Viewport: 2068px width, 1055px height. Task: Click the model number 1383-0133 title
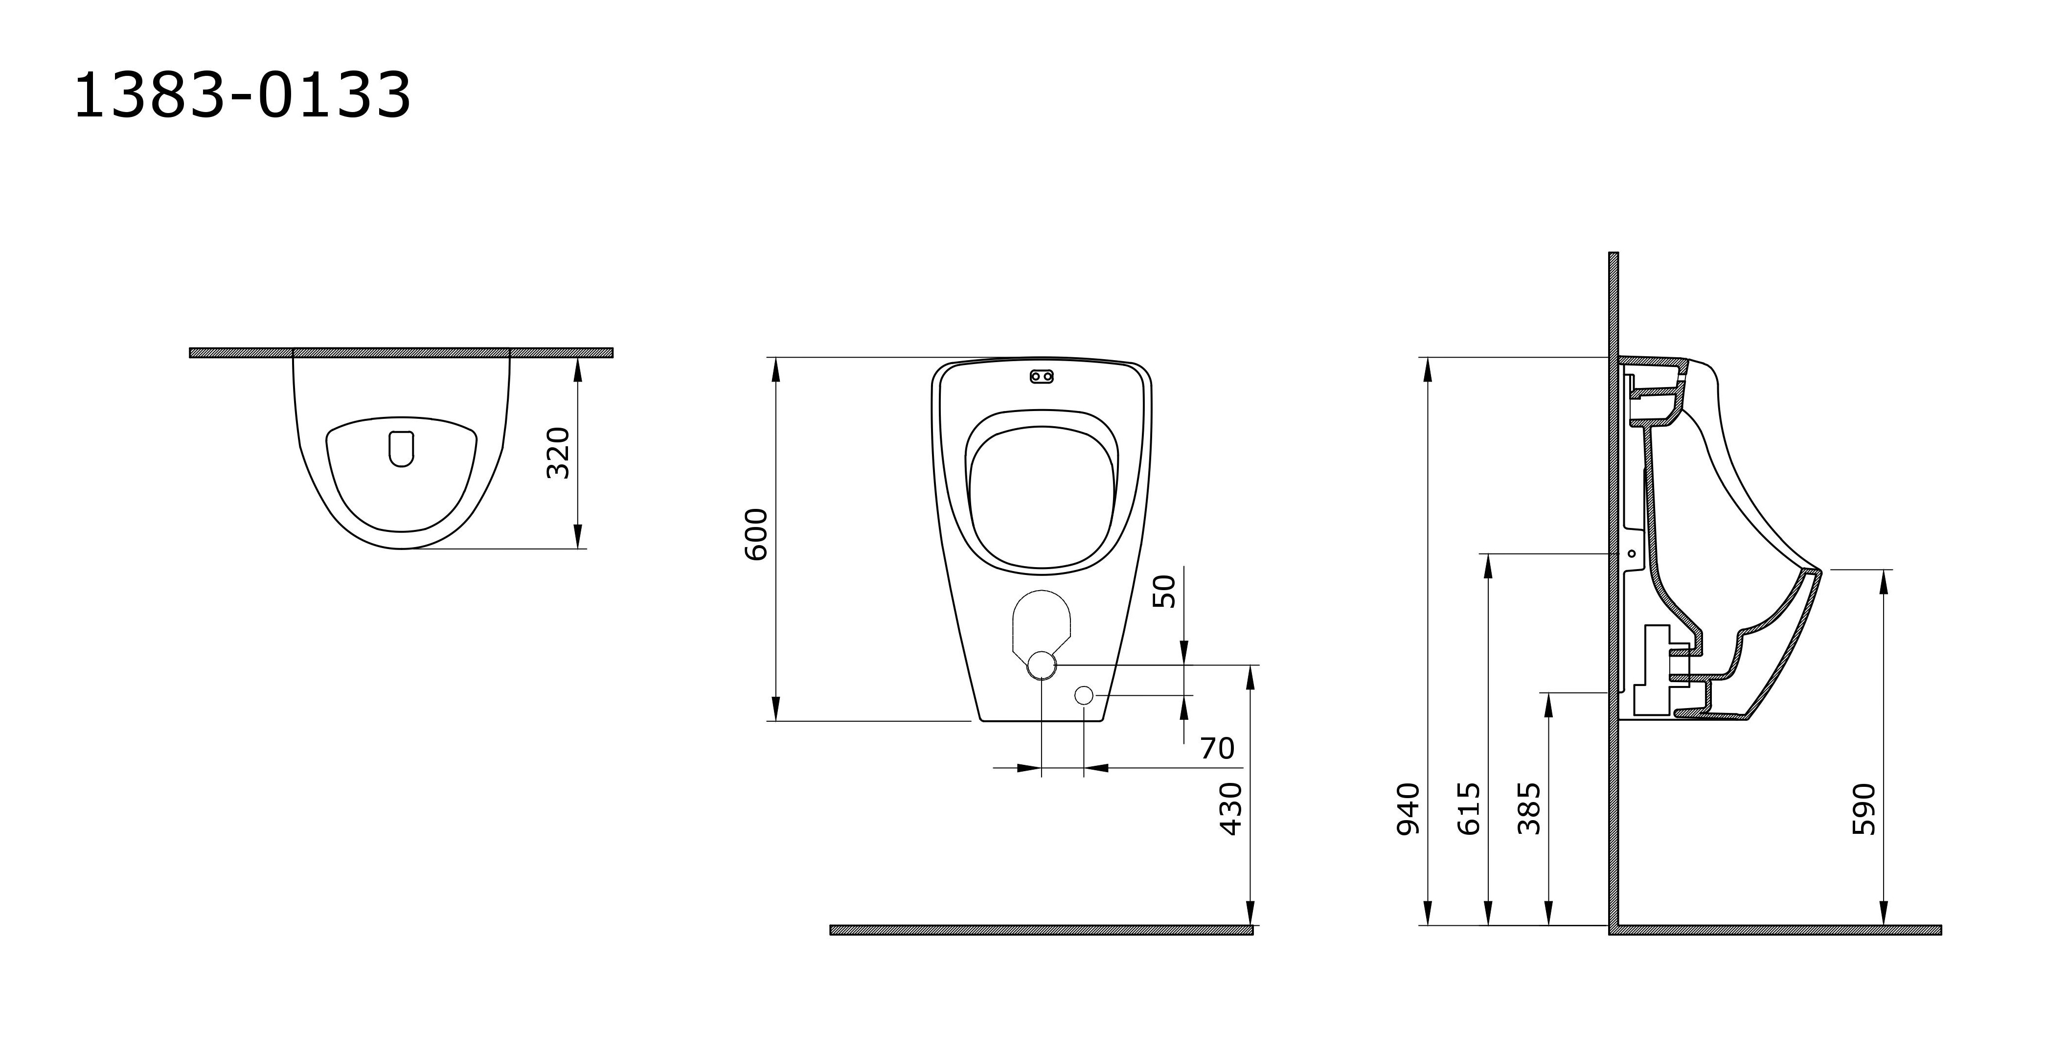[x=243, y=95]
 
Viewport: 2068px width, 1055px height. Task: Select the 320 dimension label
[x=558, y=453]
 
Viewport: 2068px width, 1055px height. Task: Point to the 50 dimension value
[x=1164, y=591]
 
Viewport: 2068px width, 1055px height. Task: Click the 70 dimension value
[x=1217, y=748]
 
